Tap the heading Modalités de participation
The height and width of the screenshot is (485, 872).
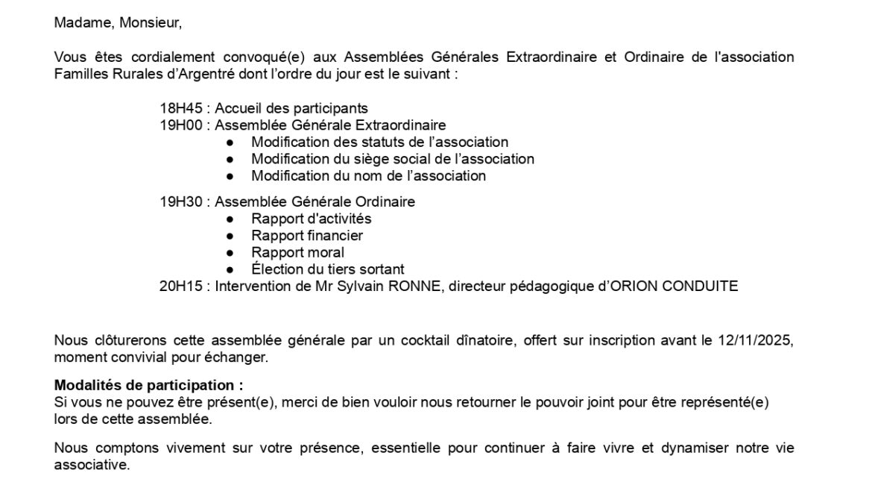148,386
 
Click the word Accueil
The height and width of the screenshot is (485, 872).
238,108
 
